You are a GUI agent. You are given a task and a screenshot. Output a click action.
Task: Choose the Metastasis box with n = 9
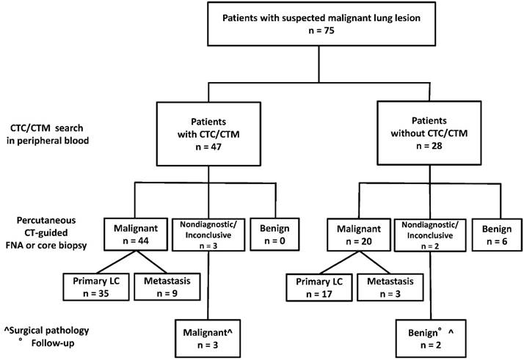coord(170,284)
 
